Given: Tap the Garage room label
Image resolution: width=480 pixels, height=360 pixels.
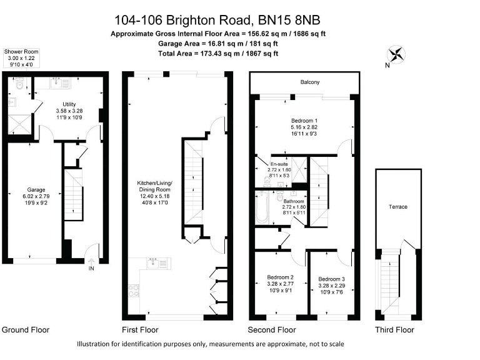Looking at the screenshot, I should pyautogui.click(x=36, y=189).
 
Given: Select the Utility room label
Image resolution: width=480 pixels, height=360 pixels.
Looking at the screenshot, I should pyautogui.click(x=69, y=104).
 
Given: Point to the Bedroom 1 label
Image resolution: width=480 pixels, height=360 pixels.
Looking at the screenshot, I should pyautogui.click(x=304, y=120).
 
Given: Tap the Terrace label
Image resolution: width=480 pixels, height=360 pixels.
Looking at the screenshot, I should pyautogui.click(x=398, y=207).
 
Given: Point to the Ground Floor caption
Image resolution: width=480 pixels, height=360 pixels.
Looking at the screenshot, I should pyautogui.click(x=26, y=329).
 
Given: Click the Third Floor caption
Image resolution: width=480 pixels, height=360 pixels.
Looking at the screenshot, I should pyautogui.click(x=394, y=329).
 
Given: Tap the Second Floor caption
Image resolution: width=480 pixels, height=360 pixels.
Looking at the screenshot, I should pyautogui.click(x=272, y=329).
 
